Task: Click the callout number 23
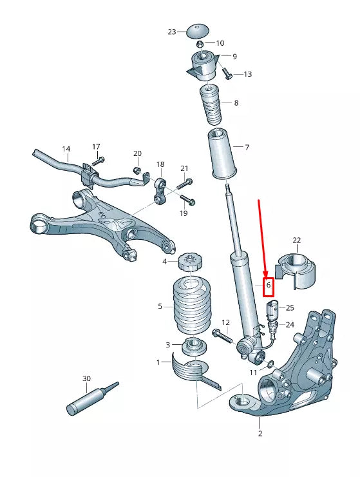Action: point(171,32)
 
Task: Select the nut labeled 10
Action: point(201,44)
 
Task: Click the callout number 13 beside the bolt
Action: point(247,74)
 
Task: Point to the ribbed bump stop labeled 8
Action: point(209,104)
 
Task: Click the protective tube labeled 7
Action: point(220,153)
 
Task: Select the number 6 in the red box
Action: point(268,284)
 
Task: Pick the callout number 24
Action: point(290,325)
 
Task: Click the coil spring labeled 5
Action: point(189,306)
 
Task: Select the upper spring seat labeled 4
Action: point(189,262)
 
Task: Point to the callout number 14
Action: point(66,149)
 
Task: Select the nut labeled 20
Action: point(137,170)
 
